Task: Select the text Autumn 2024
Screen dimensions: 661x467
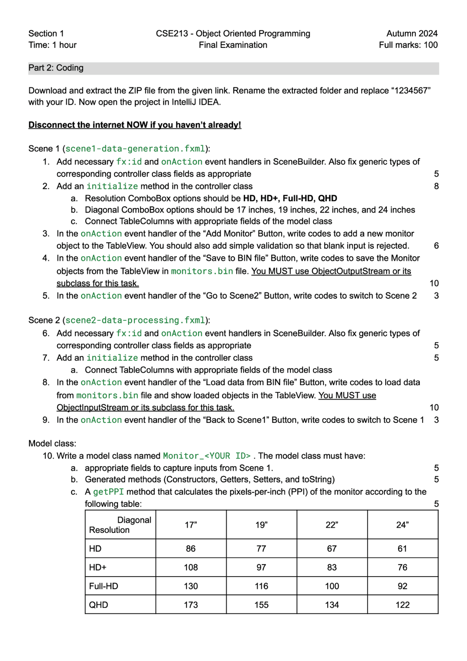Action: [x=412, y=34]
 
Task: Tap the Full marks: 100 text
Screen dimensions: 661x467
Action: [x=408, y=45]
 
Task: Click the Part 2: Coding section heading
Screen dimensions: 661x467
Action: [x=56, y=68]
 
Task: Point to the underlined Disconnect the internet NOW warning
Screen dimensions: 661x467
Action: [x=135, y=125]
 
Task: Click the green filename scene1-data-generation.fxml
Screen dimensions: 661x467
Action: [x=135, y=149]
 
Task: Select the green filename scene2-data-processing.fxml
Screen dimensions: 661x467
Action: [x=135, y=320]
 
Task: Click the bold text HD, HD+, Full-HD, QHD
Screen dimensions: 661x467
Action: [x=290, y=198]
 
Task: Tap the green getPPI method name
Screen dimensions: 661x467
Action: [x=108, y=492]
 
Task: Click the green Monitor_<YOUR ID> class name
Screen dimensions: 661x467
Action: [x=207, y=456]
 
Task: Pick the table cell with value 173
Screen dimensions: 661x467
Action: [x=191, y=605]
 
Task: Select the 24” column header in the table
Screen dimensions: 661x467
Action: [x=402, y=525]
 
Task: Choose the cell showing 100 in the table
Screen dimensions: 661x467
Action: [x=332, y=586]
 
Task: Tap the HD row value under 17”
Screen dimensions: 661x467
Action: [x=191, y=549]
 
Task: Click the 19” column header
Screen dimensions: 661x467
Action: [x=261, y=525]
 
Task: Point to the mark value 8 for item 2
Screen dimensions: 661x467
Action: [x=436, y=186]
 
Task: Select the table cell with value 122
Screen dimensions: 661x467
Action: [x=402, y=605]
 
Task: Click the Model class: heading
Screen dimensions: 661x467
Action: [x=52, y=443]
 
